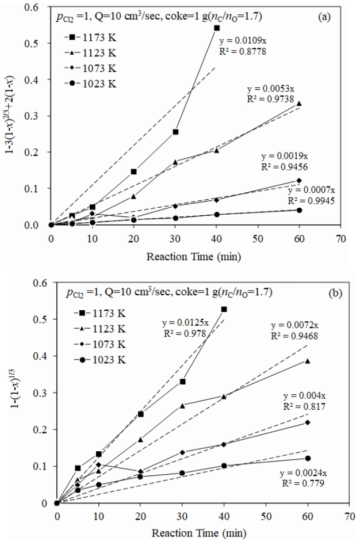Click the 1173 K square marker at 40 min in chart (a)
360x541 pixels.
(x=217, y=28)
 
